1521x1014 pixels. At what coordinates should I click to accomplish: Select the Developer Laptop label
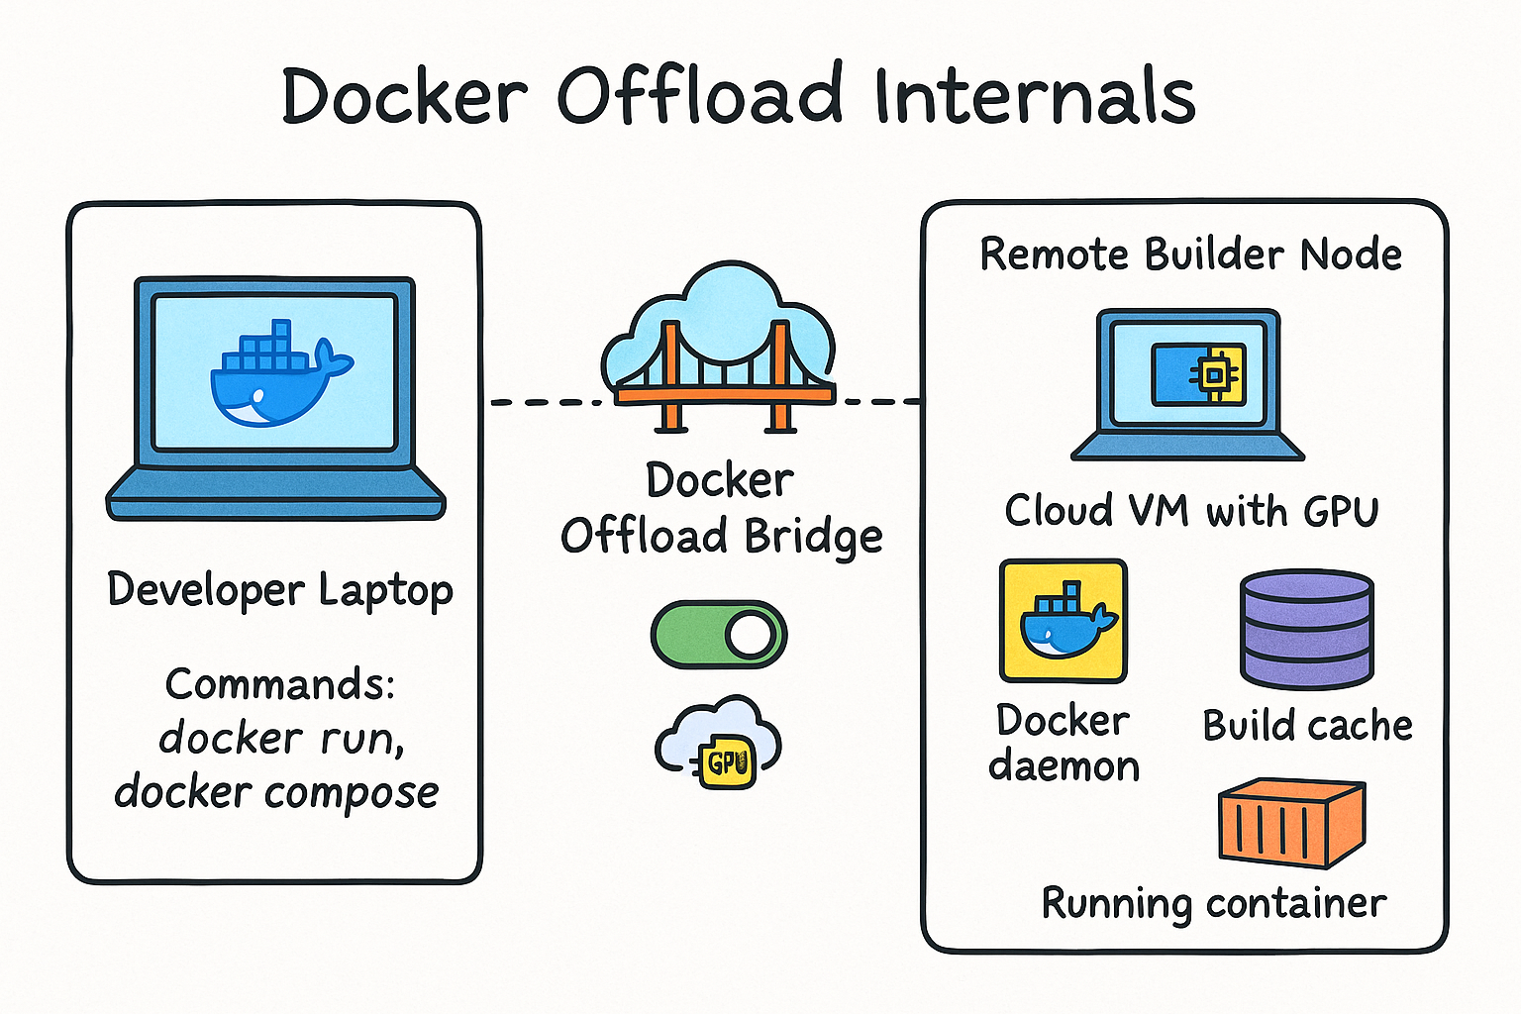[280, 590]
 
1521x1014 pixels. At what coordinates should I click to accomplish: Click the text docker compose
[277, 791]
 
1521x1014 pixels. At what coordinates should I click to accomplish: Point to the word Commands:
[280, 683]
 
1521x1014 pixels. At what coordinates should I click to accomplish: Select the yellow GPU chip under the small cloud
[727, 762]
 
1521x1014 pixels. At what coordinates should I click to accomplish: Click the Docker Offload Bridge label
[721, 509]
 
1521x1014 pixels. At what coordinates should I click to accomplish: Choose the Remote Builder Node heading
[1191, 254]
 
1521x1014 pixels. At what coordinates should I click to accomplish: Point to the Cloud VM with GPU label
[1191, 511]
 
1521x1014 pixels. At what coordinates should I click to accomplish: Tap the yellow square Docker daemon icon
[1064, 621]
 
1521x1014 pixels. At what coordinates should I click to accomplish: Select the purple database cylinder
[1307, 630]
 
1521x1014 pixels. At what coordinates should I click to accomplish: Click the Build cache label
[1308, 726]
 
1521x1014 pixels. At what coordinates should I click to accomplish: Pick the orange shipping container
[1292, 823]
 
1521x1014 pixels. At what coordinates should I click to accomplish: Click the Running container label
[1214, 904]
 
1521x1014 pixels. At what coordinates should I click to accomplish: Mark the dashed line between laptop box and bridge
[547, 403]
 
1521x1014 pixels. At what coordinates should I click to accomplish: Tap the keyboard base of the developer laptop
[275, 494]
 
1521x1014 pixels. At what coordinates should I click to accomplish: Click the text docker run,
[281, 738]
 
